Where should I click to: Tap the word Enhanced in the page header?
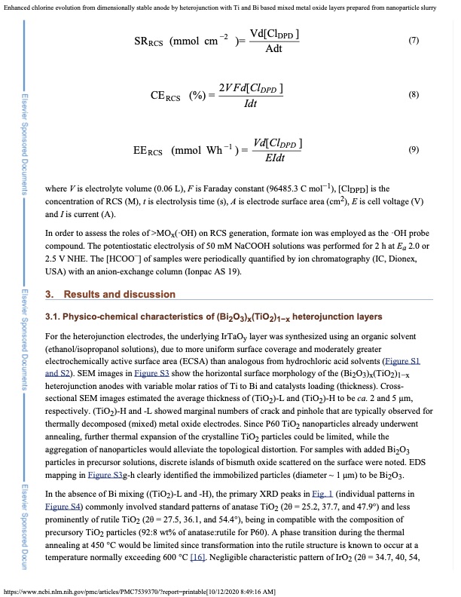(17, 6)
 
